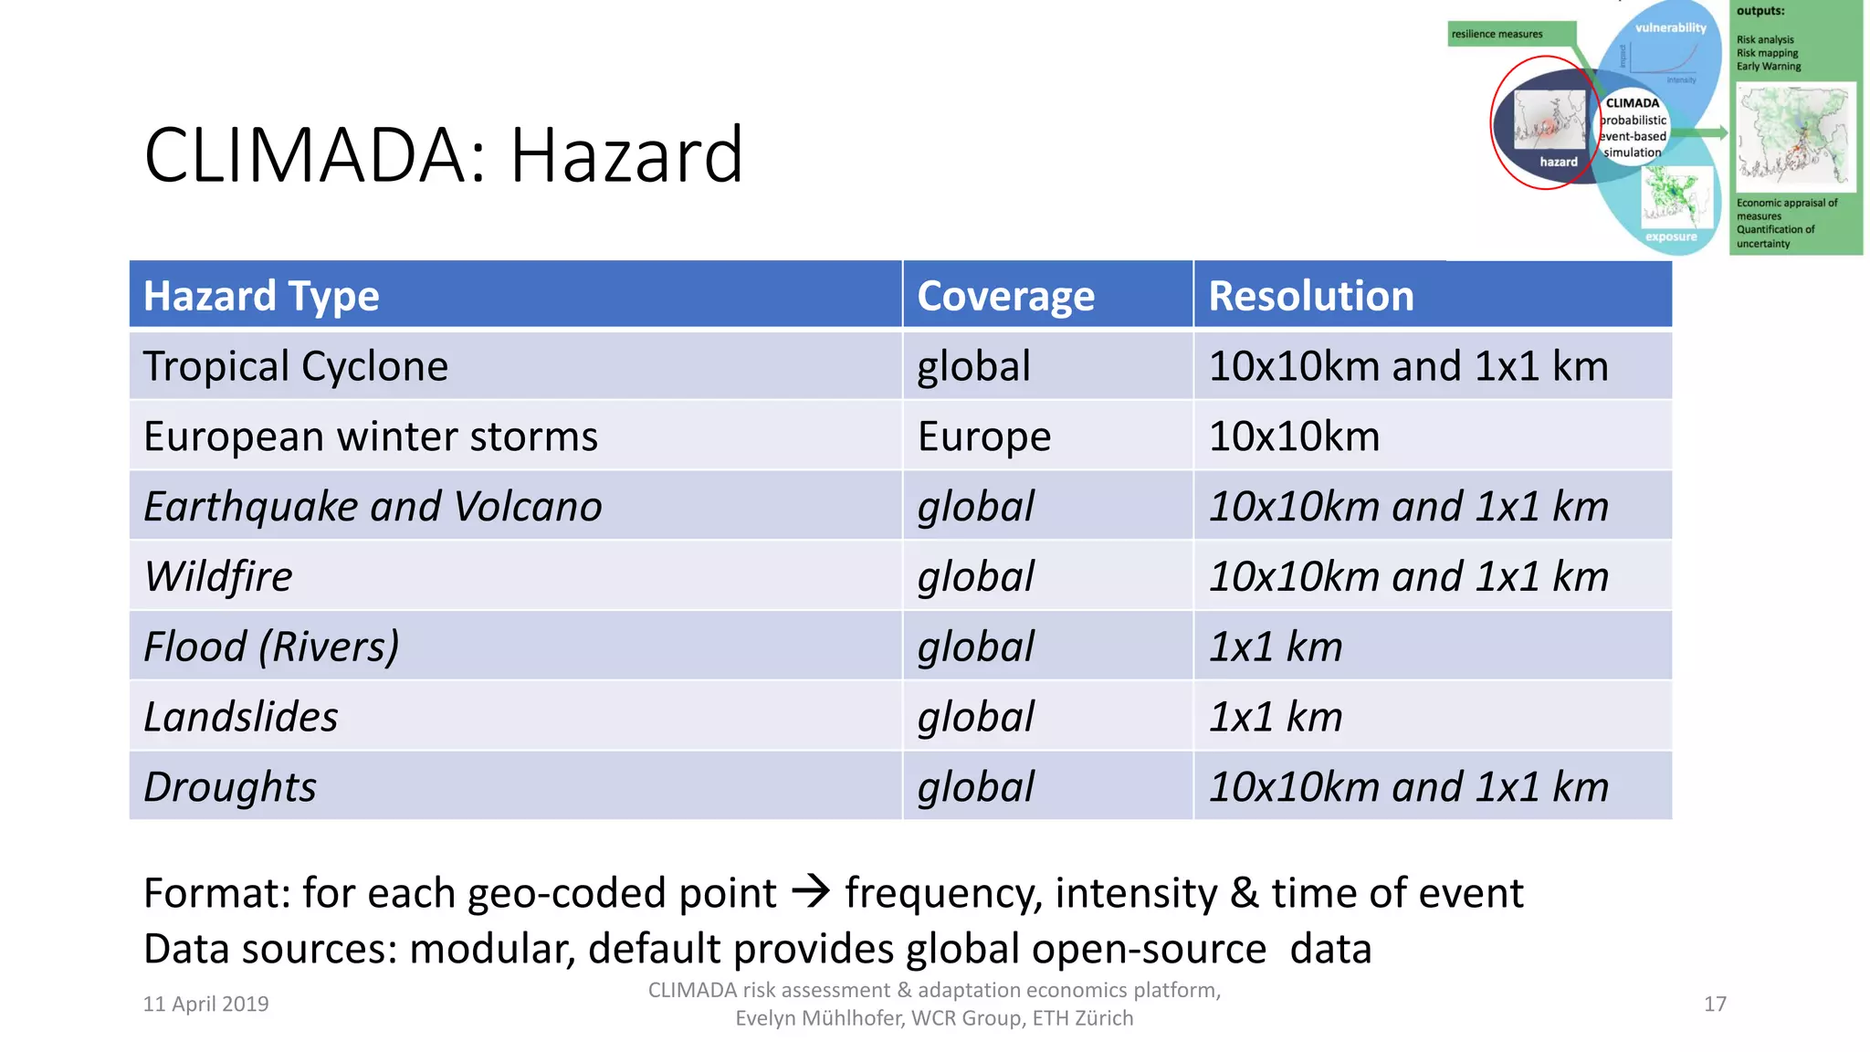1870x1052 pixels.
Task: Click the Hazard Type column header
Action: (261, 296)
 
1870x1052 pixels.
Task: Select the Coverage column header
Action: (1005, 296)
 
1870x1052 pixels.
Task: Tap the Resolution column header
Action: (1311, 296)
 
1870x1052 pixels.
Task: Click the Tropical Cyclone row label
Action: (296, 366)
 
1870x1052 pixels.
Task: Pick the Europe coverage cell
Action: (984, 437)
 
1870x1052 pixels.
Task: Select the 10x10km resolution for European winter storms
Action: (1294, 437)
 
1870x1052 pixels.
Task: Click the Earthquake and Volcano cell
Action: (373, 507)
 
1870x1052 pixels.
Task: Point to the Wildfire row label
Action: (218, 577)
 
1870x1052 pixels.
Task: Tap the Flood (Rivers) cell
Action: (271, 647)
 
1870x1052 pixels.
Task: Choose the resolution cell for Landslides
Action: (1276, 717)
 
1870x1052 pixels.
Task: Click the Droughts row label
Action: (230, 787)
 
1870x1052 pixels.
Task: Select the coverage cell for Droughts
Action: (975, 787)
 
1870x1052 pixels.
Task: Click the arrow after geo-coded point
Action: (810, 890)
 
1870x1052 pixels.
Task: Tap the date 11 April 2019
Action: (205, 1004)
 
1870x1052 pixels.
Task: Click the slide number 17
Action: (1715, 1004)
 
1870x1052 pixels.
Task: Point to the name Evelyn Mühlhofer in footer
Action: (820, 1018)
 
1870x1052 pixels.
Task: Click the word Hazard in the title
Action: (626, 155)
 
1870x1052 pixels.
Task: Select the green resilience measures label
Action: (1497, 34)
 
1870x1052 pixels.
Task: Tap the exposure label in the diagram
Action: (1671, 237)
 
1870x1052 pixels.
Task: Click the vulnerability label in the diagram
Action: (1670, 27)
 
